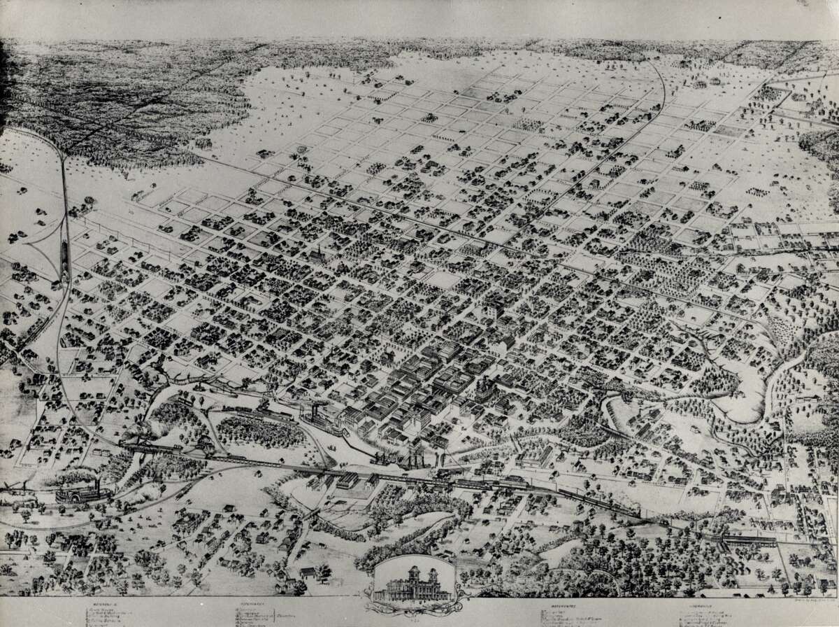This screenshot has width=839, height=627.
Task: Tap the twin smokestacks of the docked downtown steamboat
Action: point(315,409)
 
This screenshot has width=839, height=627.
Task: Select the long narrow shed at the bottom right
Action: point(748,540)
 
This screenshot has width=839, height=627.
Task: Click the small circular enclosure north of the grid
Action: point(302,149)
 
